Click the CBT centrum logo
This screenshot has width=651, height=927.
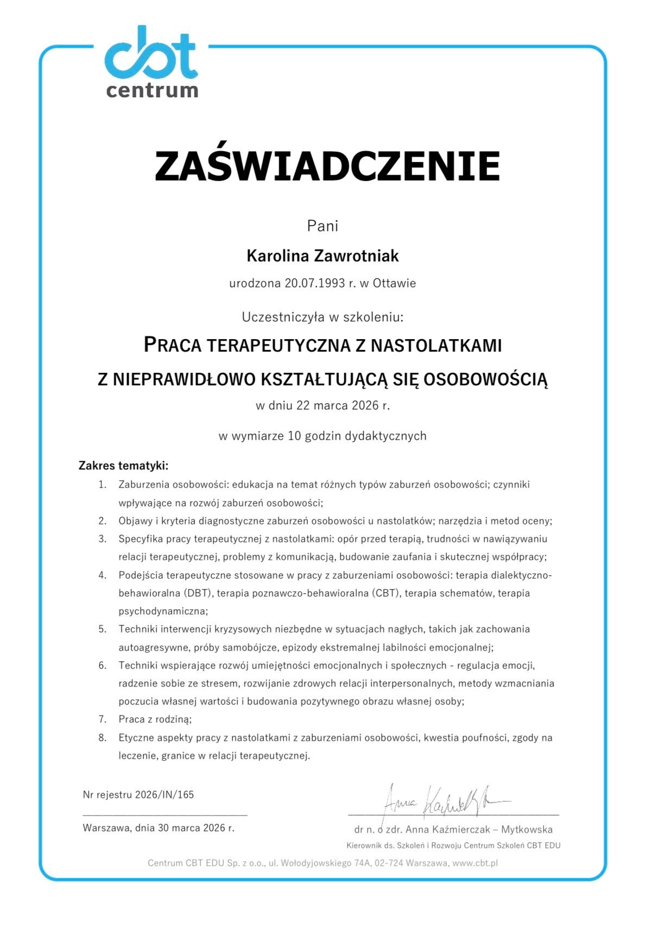[151, 62]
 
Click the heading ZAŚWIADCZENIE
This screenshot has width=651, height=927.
[327, 166]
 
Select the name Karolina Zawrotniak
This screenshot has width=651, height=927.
[323, 255]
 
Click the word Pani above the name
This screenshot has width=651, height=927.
[323, 226]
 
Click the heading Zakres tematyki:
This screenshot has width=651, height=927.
[124, 466]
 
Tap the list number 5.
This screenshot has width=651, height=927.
[103, 629]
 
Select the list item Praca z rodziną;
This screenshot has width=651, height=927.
[155, 719]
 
